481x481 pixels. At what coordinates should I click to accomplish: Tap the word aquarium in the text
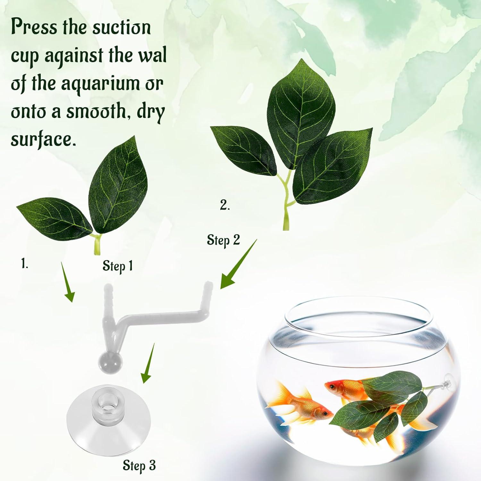click(96, 84)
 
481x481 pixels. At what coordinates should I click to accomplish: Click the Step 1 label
click(117, 266)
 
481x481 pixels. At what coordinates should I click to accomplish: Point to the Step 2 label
click(223, 240)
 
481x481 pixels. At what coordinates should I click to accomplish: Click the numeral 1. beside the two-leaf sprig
click(25, 264)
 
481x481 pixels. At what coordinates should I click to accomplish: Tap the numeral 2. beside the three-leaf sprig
click(225, 205)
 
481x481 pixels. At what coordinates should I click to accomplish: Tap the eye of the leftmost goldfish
click(324, 414)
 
